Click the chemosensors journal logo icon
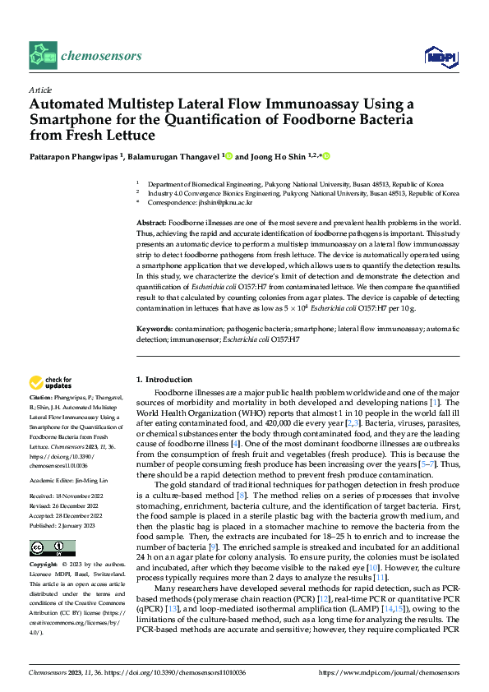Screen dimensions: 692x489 point(43,55)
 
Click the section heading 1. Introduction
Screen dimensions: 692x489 point(164,379)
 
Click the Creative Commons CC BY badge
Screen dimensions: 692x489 point(52,548)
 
